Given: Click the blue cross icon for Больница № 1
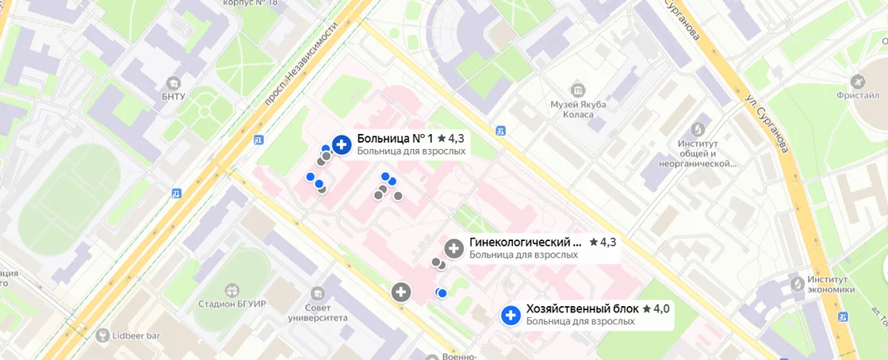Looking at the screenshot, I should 342,144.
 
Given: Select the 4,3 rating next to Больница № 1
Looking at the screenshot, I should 451,138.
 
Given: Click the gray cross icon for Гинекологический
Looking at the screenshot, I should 454,248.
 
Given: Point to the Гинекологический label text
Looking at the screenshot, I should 526,242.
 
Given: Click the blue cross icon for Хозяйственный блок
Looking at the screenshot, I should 511,316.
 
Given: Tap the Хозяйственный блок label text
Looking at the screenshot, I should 582,308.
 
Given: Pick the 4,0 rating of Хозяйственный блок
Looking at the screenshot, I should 656,308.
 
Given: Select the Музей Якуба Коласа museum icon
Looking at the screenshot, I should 577,89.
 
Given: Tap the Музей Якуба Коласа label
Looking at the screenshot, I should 578,109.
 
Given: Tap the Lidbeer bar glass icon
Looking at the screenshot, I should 102,335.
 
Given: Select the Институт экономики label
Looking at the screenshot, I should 830,285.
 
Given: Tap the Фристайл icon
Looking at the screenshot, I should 858,82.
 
